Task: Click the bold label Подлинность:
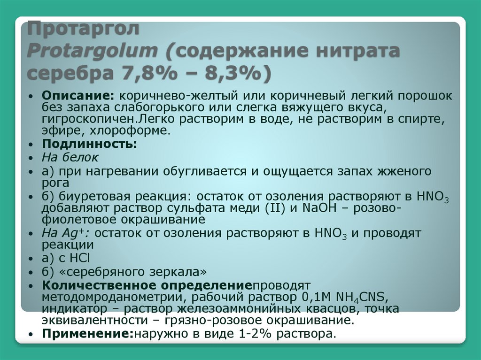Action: click(89, 144)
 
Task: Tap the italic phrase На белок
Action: click(70, 157)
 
